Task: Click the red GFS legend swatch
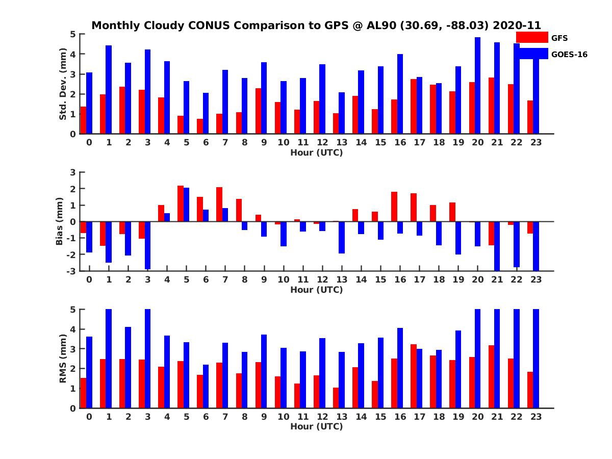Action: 532,37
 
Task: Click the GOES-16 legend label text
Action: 569,55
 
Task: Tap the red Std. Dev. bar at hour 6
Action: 200,126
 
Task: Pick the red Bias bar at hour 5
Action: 181,203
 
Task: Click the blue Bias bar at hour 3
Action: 147,245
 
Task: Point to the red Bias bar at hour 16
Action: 394,207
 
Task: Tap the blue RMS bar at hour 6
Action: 206,386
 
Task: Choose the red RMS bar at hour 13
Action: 336,398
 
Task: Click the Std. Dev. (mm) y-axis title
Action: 63,84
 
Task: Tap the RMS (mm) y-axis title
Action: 63,359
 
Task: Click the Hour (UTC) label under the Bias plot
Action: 316,290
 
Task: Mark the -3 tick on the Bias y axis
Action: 71,271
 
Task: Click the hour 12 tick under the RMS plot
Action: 322,416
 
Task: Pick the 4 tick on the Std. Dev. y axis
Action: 73,54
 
